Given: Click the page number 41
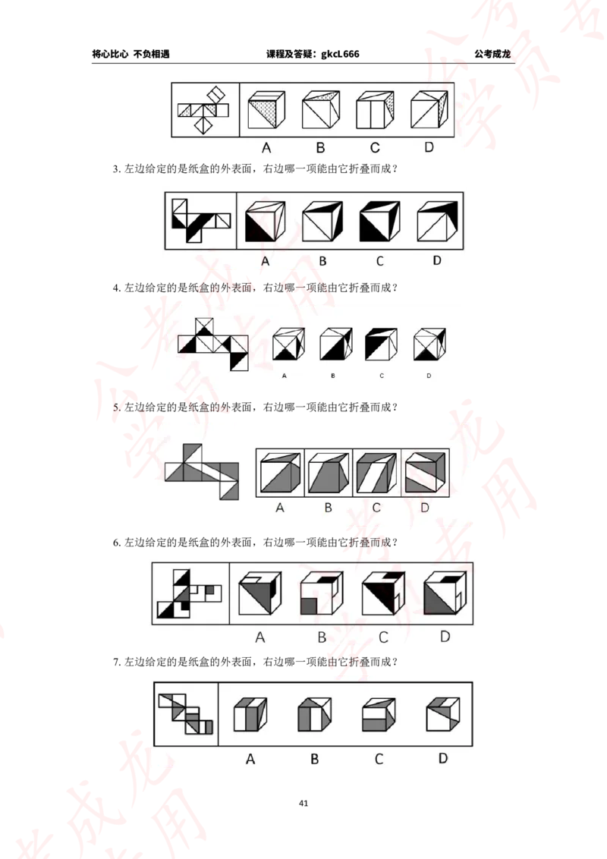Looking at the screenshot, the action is [x=303, y=803].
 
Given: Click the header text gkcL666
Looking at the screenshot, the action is [x=340, y=54].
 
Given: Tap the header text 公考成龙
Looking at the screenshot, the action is [x=492, y=54].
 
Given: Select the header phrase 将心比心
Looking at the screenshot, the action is [x=110, y=54].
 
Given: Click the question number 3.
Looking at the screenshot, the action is [x=116, y=169].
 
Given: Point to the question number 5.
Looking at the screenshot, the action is [x=116, y=407].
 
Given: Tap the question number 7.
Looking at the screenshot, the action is [x=116, y=662].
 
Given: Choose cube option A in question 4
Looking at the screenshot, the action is [x=288, y=344].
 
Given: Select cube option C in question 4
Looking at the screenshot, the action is [x=382, y=344].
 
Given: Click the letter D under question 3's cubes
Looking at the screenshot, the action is [x=436, y=260].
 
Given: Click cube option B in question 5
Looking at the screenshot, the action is [x=328, y=472].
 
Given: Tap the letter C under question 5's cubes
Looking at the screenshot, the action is [x=376, y=508].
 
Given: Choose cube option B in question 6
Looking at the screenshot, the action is [x=322, y=593].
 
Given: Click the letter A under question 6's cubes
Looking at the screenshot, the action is [x=260, y=637].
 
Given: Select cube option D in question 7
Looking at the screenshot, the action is [x=443, y=714].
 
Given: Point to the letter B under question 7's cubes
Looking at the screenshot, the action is [x=314, y=760].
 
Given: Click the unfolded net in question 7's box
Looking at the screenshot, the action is [x=185, y=714].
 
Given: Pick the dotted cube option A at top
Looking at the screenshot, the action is [x=266, y=109].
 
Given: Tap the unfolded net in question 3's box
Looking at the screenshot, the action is [x=201, y=220].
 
